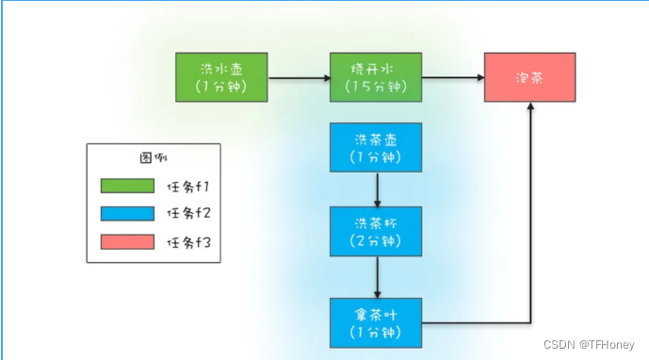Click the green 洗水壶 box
pyautogui.click(x=222, y=77)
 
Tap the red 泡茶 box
pyautogui.click(x=530, y=77)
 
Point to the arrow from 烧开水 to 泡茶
pyautogui.click(x=453, y=77)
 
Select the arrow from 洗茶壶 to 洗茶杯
pyautogui.click(x=377, y=189)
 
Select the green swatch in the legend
pyautogui.click(x=127, y=186)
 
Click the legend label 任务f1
pyautogui.click(x=190, y=186)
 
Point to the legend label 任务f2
pyautogui.click(x=190, y=215)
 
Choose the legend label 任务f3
pyautogui.click(x=190, y=244)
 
